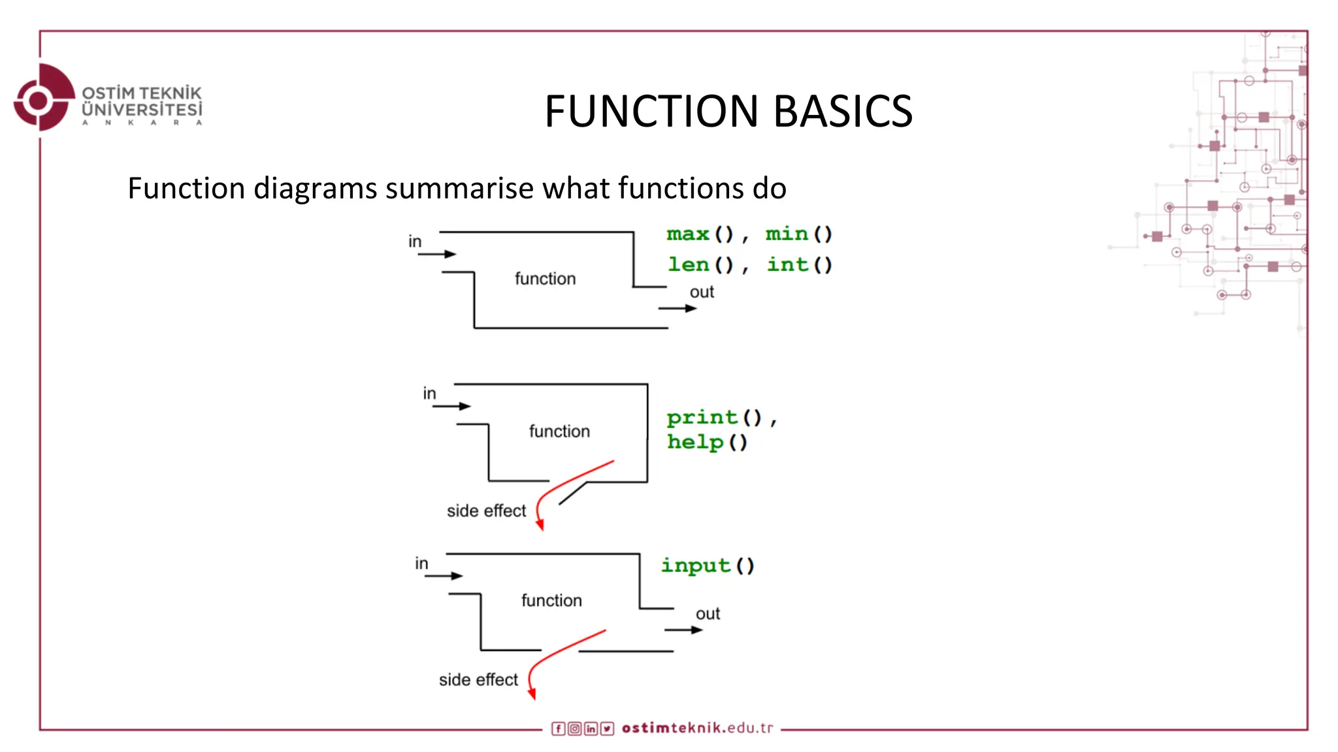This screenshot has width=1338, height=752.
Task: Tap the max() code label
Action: (700, 234)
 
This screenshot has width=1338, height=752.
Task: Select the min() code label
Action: (798, 234)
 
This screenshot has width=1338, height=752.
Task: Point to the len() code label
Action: (700, 264)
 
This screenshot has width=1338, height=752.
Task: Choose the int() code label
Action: (799, 264)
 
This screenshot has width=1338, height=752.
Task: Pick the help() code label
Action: (706, 443)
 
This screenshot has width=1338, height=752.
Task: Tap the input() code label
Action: (708, 565)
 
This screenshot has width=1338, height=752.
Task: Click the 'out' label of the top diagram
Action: (702, 292)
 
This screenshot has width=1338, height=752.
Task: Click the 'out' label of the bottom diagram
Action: (708, 614)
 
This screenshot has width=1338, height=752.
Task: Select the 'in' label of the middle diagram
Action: (429, 394)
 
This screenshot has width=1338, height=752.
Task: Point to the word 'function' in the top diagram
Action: (545, 279)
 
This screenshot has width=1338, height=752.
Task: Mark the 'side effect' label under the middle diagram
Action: (486, 511)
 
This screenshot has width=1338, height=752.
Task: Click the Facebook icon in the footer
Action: (558, 728)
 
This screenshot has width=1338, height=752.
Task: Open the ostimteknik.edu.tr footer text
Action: (697, 728)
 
